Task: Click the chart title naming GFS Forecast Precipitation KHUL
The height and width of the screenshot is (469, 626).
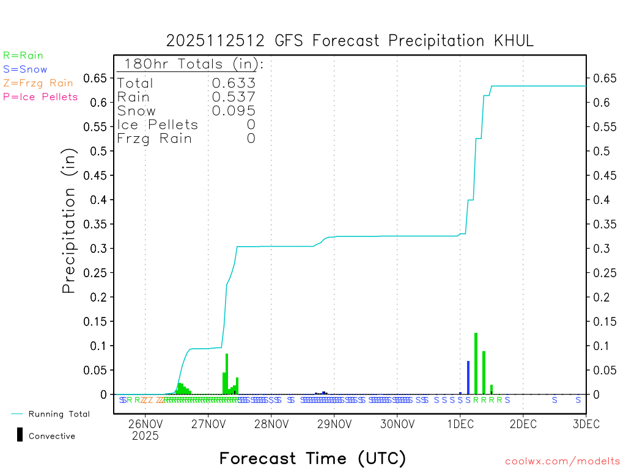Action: [350, 41]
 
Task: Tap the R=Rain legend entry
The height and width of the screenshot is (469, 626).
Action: [23, 56]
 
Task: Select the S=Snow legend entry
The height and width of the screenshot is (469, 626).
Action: [25, 70]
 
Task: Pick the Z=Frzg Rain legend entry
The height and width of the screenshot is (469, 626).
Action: [38, 83]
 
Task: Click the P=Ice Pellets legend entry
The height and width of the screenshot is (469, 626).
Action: [40, 96]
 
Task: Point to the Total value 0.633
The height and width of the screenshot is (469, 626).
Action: [234, 84]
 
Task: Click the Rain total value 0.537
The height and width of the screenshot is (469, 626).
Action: [234, 97]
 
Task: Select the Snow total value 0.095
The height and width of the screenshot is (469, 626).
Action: [234, 111]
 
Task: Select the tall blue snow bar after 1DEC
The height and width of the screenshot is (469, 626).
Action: [468, 377]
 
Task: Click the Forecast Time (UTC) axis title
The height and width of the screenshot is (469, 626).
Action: [312, 458]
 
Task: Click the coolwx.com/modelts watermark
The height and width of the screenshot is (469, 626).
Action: [562, 462]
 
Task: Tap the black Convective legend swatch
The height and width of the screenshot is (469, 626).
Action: [20, 435]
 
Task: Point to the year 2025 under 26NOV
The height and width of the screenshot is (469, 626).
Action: [145, 436]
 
